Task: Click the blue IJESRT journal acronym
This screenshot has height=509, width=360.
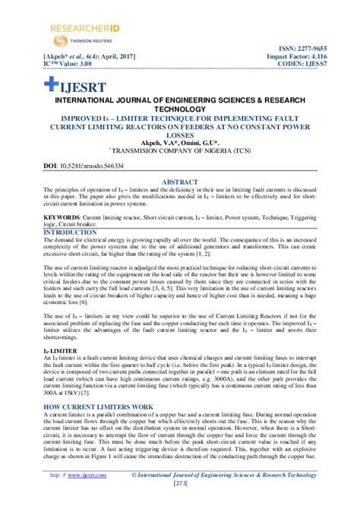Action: point(81,81)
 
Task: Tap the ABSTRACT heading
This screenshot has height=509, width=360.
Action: point(181,182)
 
